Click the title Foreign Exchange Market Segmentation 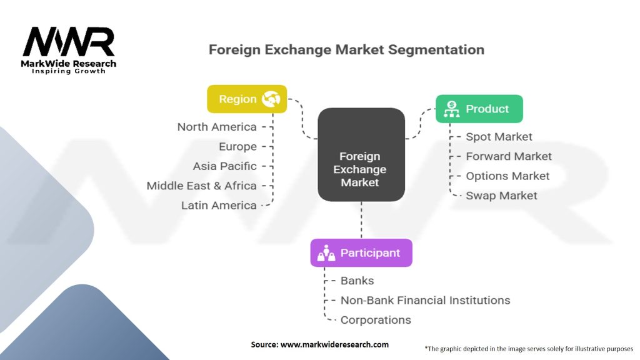pyautogui.click(x=346, y=49)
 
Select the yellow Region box pyautogui.click(x=247, y=99)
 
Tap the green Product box pyautogui.click(x=479, y=109)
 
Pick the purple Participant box pyautogui.click(x=361, y=253)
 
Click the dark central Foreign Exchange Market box pyautogui.click(x=361, y=155)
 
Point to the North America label pyautogui.click(x=217, y=127)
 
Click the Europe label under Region pyautogui.click(x=237, y=147)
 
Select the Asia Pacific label pyautogui.click(x=225, y=166)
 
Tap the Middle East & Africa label pyautogui.click(x=201, y=186)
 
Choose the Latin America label pyautogui.click(x=219, y=205)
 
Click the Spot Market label pyautogui.click(x=499, y=137)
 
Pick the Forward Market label pyautogui.click(x=509, y=156)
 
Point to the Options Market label pyautogui.click(x=507, y=176)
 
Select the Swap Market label pyautogui.click(x=501, y=196)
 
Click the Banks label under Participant pyautogui.click(x=357, y=281)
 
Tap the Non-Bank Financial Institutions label pyautogui.click(x=425, y=301)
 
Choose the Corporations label pyautogui.click(x=376, y=320)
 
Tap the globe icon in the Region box pyautogui.click(x=271, y=99)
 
